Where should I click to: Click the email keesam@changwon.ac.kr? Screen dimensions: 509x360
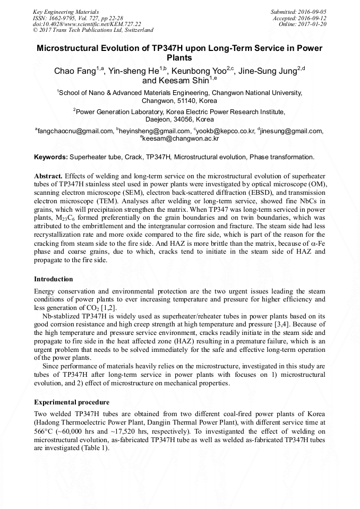tap(181, 139)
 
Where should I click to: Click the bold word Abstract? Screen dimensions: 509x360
tap(48, 176)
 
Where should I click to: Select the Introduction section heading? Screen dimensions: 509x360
tap(54, 279)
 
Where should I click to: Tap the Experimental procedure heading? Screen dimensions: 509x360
tap(72, 402)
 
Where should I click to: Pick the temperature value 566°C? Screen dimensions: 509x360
tap(44, 432)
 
